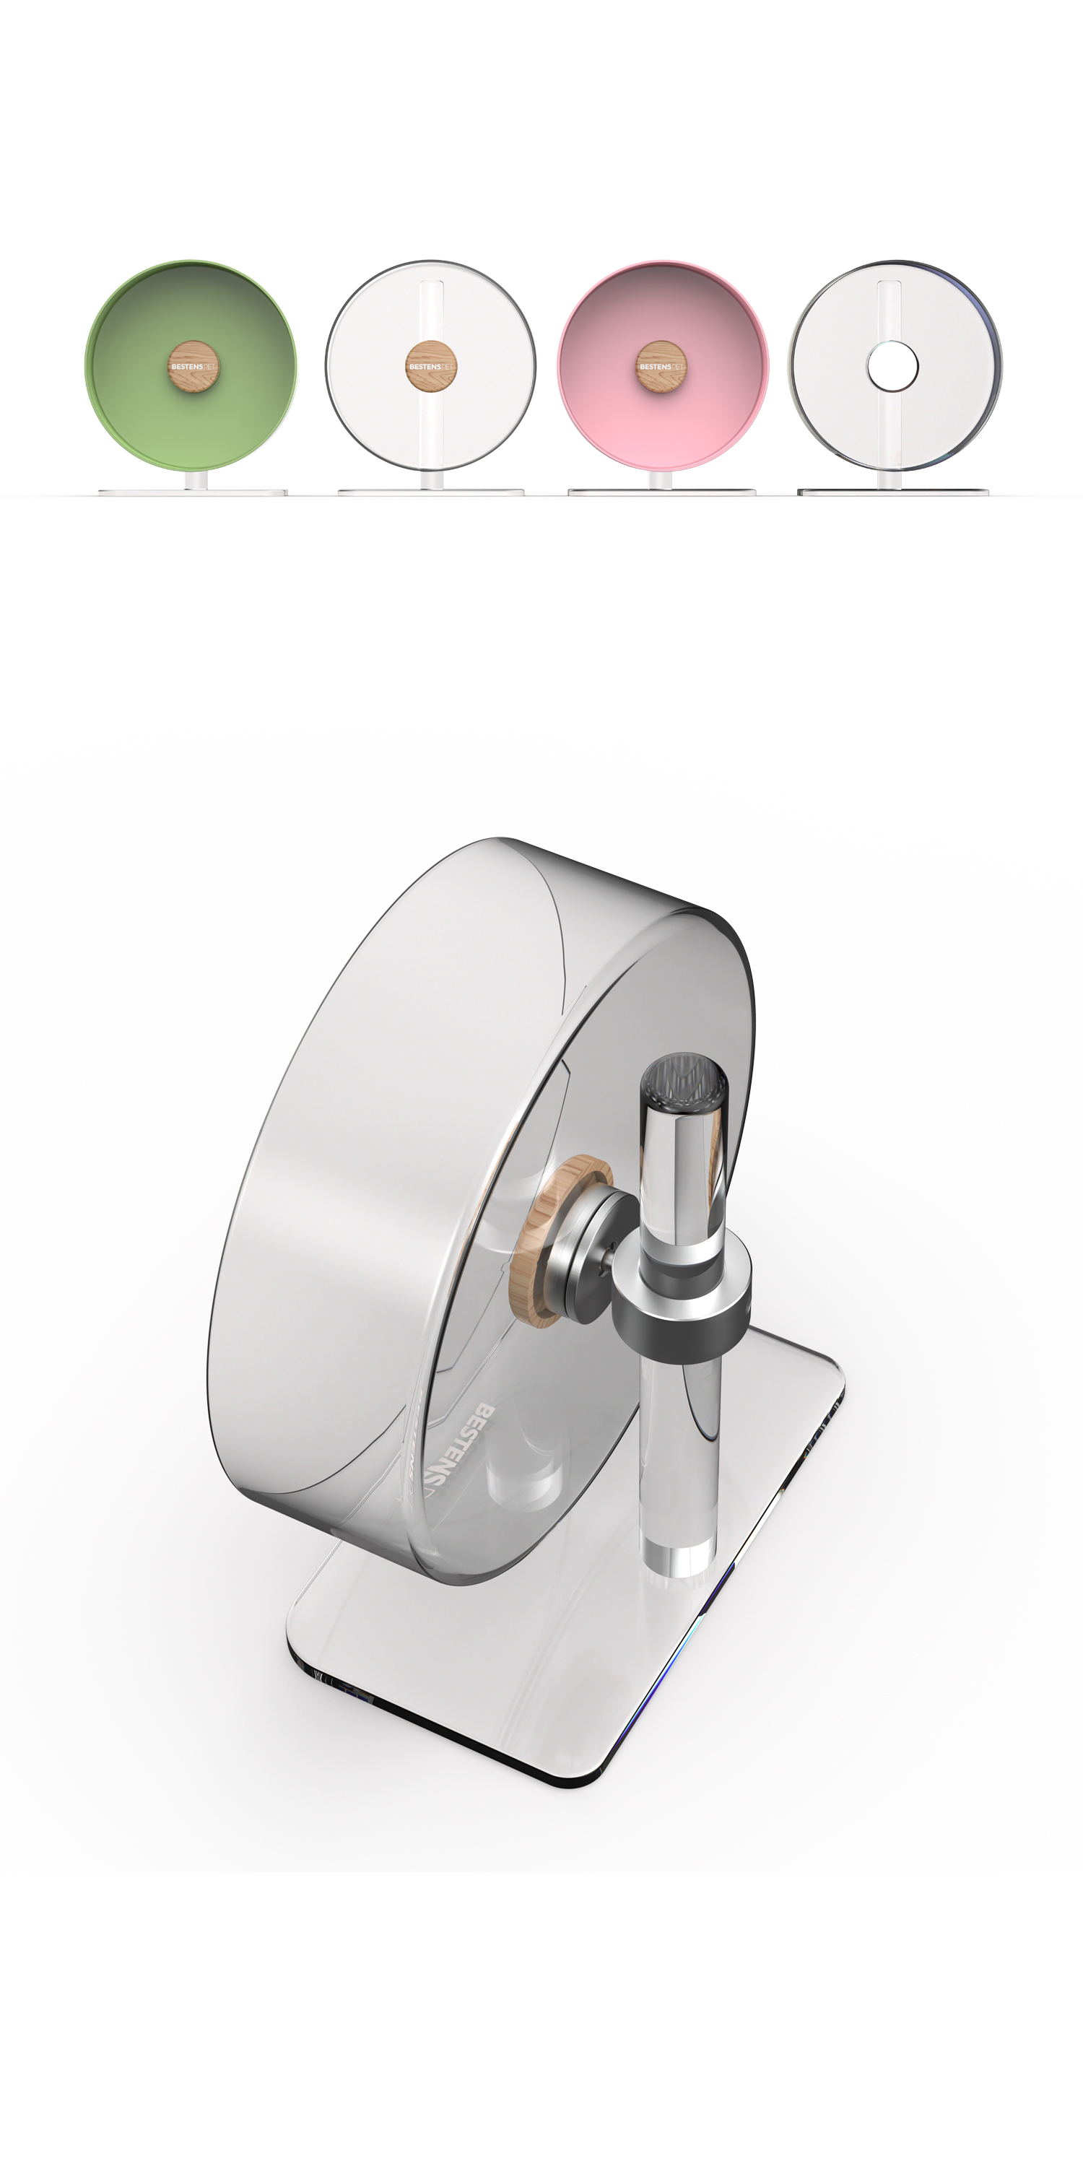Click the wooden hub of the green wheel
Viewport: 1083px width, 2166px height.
coord(194,367)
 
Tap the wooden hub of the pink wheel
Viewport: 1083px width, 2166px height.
coord(661,367)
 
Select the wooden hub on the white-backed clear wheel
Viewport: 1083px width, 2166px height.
coord(431,367)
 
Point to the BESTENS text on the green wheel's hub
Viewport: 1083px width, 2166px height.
coord(187,367)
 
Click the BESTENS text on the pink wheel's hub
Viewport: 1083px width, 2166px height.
coord(655,367)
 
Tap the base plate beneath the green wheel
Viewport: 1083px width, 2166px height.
coord(193,492)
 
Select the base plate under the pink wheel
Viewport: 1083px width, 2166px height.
coord(662,492)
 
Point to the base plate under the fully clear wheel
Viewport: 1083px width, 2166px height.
coord(892,492)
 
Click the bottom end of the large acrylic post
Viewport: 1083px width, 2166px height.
coord(679,1556)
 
